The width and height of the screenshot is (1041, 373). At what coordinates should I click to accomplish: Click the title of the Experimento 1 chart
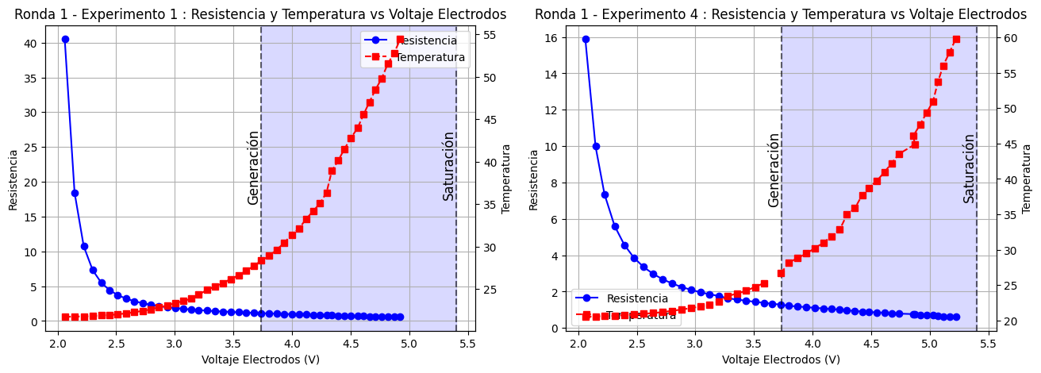[260, 14]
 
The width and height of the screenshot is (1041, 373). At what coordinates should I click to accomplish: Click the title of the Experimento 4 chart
[781, 14]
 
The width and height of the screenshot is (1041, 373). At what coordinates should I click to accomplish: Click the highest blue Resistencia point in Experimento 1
[65, 39]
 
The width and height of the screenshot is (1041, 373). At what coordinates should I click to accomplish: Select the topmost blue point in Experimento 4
[586, 39]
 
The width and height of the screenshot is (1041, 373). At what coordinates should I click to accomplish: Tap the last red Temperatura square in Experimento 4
[956, 39]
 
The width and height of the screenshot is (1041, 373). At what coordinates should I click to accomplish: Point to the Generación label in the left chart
[253, 167]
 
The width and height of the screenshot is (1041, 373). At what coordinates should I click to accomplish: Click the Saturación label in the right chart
[969, 167]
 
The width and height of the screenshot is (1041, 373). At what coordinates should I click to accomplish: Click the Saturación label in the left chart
[448, 166]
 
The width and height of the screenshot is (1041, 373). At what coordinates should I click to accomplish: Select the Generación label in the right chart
[774, 170]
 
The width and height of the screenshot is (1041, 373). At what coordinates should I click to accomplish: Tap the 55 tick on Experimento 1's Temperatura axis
[490, 35]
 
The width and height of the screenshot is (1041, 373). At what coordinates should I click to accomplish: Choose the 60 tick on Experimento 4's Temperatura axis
[1010, 38]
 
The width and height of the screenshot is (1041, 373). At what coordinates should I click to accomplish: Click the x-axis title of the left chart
[260, 360]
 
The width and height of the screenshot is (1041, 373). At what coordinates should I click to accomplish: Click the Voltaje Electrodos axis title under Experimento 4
[781, 360]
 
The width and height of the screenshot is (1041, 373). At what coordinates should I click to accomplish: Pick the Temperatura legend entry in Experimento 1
[429, 57]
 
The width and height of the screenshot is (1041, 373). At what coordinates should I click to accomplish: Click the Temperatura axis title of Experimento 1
[506, 178]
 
